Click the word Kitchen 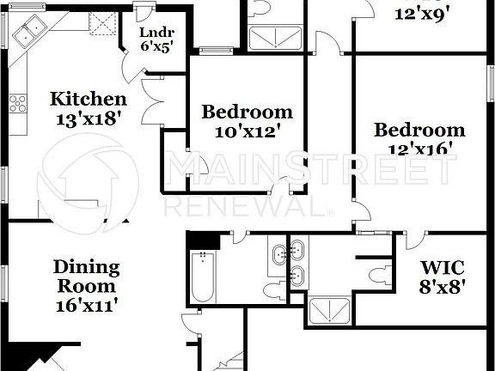[88, 99]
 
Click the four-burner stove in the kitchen [17, 104]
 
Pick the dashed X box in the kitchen [104, 25]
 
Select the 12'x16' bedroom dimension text [419, 149]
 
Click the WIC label [443, 267]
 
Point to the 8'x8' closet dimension [443, 287]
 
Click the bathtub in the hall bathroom [203, 276]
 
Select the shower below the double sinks [329, 310]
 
